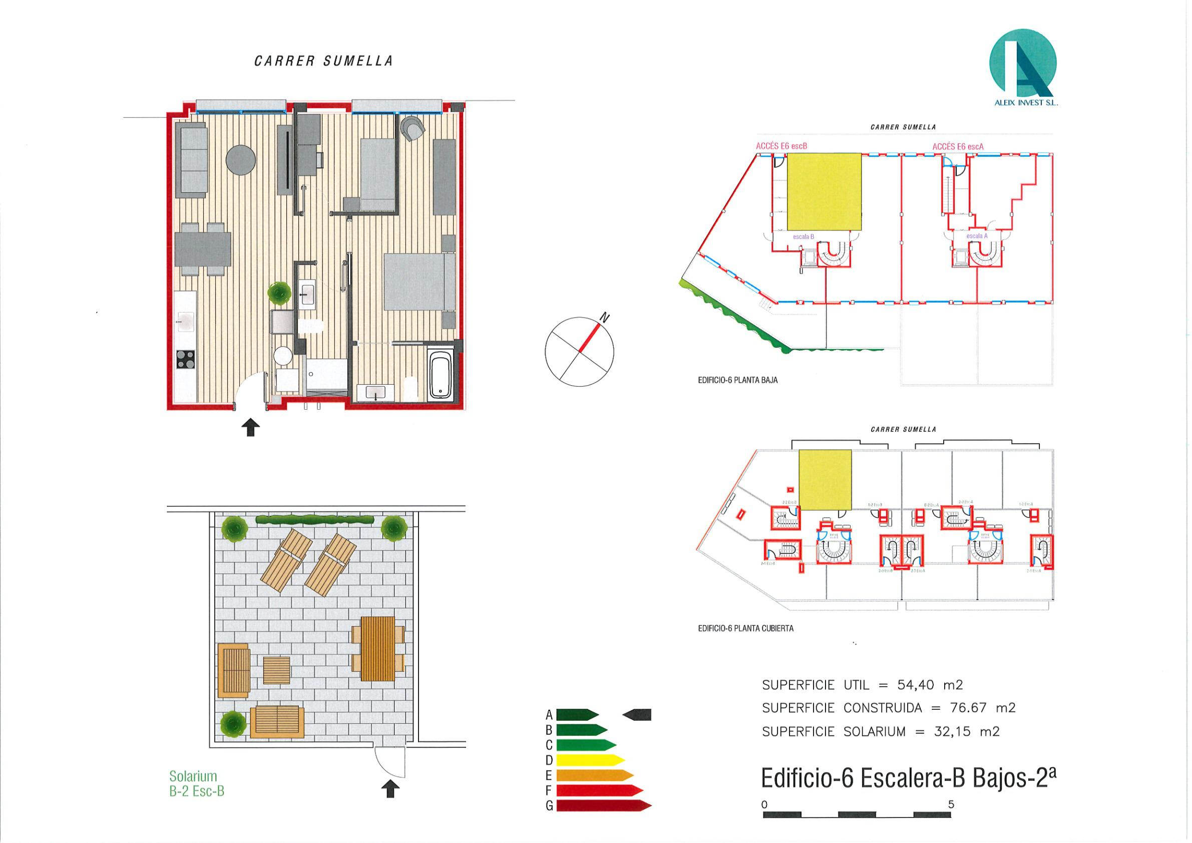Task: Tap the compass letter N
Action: click(x=605, y=318)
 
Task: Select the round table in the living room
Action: click(x=241, y=159)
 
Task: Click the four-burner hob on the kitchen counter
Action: click(x=186, y=359)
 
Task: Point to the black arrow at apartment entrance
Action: click(x=251, y=427)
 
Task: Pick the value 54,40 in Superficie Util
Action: click(x=915, y=685)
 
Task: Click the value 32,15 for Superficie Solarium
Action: click(x=952, y=732)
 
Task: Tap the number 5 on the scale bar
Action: click(x=951, y=804)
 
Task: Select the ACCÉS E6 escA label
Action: click(x=957, y=147)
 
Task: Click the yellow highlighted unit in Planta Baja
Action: click(x=824, y=191)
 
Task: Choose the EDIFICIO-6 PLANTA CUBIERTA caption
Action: click(x=745, y=629)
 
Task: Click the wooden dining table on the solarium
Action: click(x=377, y=649)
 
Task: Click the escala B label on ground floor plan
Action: click(x=803, y=237)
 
